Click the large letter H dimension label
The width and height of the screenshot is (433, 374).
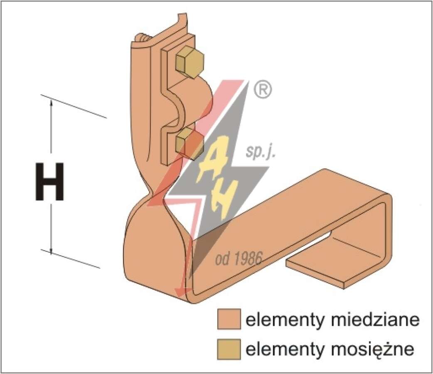click(50, 182)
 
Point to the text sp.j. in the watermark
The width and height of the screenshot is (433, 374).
click(261, 152)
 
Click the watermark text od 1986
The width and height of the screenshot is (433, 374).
click(239, 258)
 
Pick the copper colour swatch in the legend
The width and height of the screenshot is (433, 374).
click(229, 319)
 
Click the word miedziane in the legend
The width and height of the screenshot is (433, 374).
click(375, 320)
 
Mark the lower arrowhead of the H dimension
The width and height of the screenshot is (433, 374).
click(51, 249)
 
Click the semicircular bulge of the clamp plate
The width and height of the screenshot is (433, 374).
click(193, 102)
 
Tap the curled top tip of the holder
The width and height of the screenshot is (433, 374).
click(181, 20)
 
